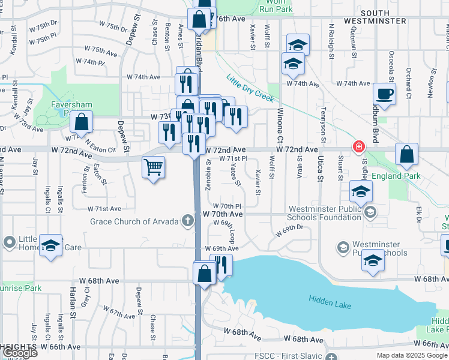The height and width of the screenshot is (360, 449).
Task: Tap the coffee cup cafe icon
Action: click(384, 94)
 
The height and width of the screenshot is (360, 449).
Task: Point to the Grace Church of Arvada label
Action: click(134, 221)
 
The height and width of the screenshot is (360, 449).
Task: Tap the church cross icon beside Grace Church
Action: click(188, 221)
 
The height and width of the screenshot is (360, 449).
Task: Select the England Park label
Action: click(396, 176)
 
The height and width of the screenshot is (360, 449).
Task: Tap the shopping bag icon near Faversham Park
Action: click(81, 122)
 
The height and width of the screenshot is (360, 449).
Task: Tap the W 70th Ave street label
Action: click(222, 214)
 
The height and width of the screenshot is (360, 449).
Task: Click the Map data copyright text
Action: click(412, 355)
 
